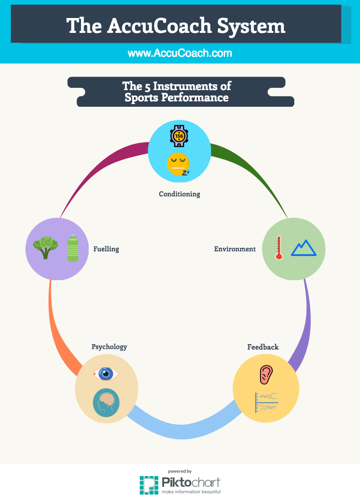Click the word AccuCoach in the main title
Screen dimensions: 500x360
tap(159, 26)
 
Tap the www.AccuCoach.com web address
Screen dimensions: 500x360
tap(180, 53)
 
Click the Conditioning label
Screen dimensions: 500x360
tap(179, 194)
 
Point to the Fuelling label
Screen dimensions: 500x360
tap(106, 249)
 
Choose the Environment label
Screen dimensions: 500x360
tap(235, 249)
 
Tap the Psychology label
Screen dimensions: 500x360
tap(109, 347)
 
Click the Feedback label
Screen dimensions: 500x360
tap(263, 347)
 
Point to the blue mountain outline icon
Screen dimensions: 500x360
tap(304, 248)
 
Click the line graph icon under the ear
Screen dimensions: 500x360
tap(267, 401)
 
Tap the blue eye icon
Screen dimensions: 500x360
tap(106, 373)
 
